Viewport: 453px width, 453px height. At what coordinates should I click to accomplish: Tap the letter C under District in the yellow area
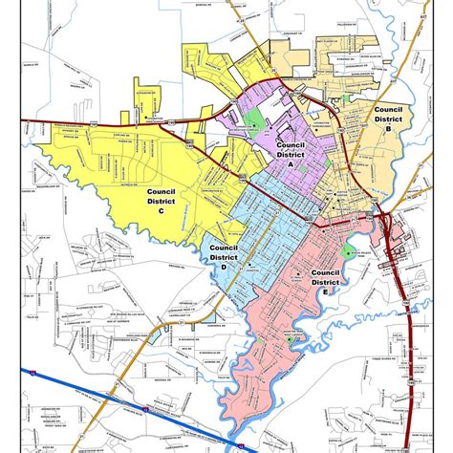coord(161,213)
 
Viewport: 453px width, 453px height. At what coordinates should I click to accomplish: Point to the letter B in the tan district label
coord(389,131)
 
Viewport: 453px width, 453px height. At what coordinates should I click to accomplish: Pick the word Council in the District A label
coord(290,143)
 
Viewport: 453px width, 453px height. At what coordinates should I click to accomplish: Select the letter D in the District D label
coord(223,268)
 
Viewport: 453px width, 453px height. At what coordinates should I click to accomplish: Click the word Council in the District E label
coord(326,271)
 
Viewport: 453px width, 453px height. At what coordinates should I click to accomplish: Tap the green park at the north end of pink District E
coord(346,252)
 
